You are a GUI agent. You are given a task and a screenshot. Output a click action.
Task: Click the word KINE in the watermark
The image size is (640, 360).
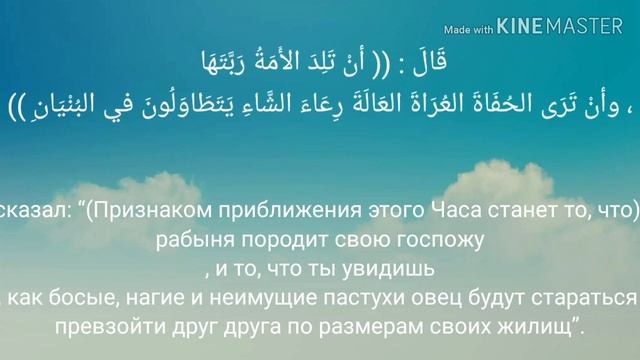coord(524,29)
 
